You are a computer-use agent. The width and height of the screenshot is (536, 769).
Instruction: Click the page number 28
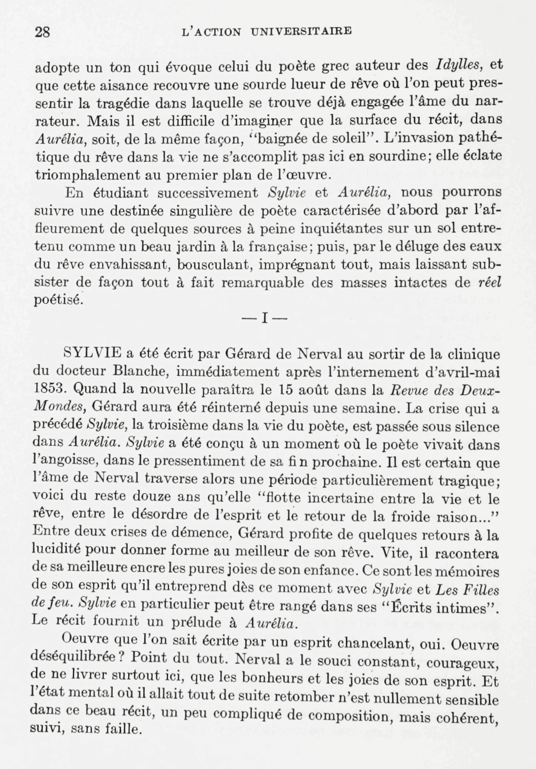[x=43, y=32]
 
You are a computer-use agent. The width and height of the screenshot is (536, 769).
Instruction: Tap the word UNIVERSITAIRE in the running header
[x=301, y=32]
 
